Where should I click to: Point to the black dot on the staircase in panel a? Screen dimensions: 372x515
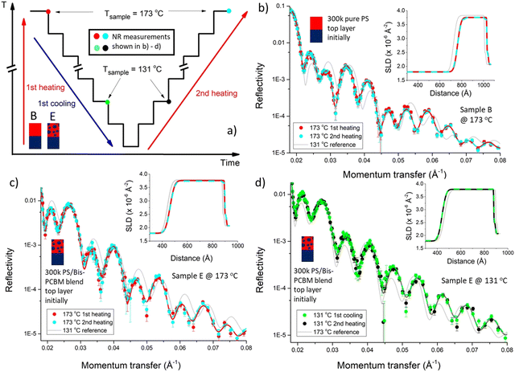(x=167, y=102)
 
